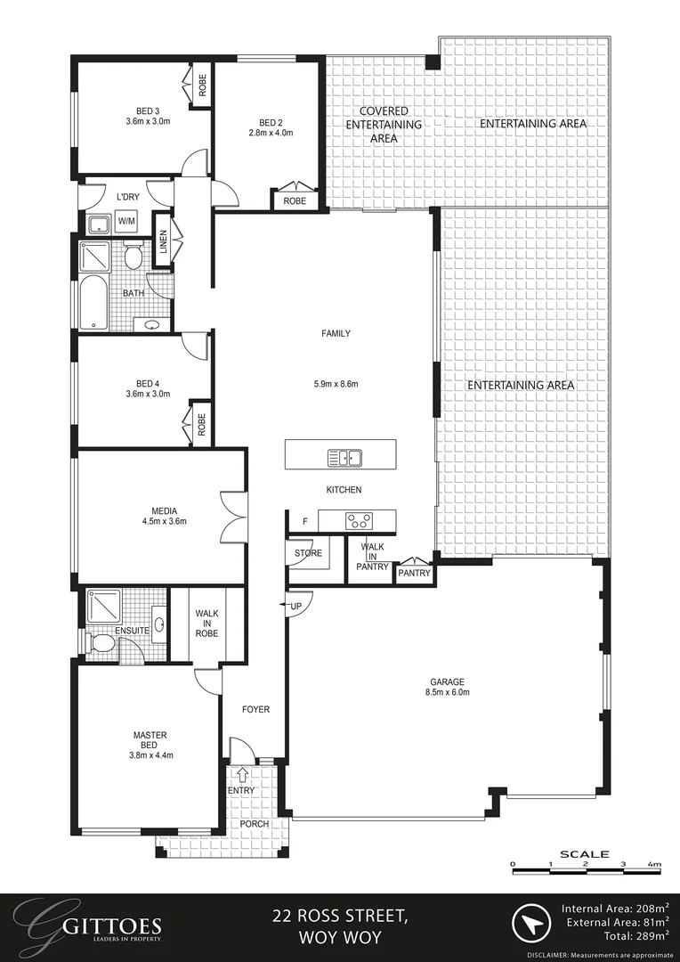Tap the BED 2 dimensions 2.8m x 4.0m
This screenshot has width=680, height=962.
tap(271, 133)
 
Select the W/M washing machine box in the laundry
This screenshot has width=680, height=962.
tap(127, 221)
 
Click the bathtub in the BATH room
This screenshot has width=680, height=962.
tap(93, 304)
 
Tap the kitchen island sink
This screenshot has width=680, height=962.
tap(344, 459)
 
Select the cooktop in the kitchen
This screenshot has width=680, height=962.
tap(358, 519)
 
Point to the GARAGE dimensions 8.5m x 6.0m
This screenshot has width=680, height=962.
tap(448, 692)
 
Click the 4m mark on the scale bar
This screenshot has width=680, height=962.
tap(654, 865)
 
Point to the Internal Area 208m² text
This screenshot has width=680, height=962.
tap(615, 909)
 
